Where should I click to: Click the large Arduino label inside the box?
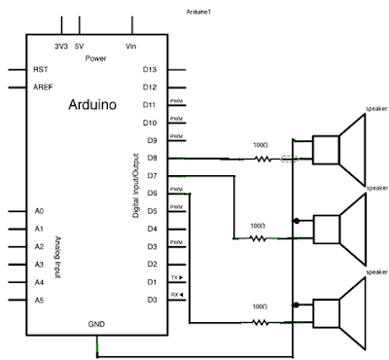93,105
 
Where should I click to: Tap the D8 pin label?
150,158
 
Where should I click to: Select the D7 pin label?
150,175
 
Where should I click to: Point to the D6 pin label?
150,193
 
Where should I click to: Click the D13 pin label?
150,69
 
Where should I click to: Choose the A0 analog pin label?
39,210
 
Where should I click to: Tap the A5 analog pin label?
39,301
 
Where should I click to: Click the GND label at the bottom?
97,322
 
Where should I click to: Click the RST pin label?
41,69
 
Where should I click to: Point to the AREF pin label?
43,87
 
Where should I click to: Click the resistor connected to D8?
260,158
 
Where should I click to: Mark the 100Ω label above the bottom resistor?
260,306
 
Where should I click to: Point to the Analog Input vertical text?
56,255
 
